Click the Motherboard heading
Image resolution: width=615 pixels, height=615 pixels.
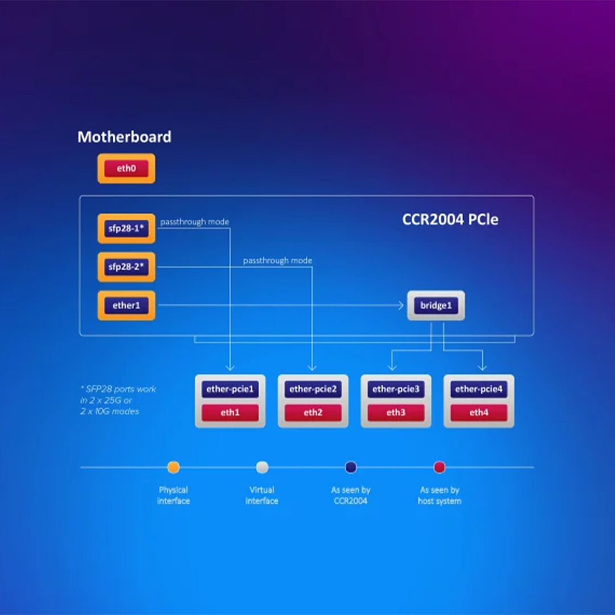point(124,137)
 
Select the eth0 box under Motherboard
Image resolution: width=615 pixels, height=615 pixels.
point(126,169)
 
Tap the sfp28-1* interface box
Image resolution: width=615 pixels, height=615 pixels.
point(126,229)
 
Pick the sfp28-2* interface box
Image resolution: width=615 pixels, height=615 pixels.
point(126,267)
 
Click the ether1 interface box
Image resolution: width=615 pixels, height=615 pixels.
point(126,306)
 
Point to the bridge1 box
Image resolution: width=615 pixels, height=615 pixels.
point(436,306)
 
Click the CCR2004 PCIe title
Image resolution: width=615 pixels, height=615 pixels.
point(450,220)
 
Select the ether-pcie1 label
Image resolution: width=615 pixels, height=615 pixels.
point(230,390)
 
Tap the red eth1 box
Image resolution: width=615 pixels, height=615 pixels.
point(230,413)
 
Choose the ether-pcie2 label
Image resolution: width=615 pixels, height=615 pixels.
point(313,390)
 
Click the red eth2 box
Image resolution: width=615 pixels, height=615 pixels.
point(313,413)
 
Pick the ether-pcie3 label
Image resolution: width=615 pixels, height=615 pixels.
point(396,390)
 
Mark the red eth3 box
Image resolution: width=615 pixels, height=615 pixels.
point(396,413)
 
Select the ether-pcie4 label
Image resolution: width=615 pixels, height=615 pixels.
point(479,390)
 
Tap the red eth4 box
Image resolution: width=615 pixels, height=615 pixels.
point(479,413)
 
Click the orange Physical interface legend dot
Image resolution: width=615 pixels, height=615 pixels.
point(173,468)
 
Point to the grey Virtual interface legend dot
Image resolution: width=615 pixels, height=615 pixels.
point(262,468)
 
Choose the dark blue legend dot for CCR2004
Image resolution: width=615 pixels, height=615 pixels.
point(351,468)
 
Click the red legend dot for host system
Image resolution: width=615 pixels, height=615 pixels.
point(439,468)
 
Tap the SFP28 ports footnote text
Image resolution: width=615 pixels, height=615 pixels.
point(118,400)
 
